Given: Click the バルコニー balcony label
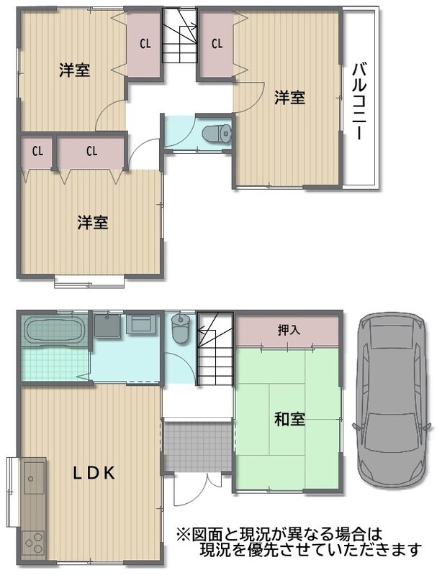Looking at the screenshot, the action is [360, 101].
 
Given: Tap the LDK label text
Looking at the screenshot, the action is [94, 473].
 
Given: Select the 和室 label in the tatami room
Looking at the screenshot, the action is [289, 420].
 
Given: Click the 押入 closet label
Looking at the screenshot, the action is [289, 330].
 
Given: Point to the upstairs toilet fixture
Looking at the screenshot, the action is [217, 133].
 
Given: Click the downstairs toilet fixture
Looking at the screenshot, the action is [180, 328].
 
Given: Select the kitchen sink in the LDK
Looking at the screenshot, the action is [34, 478].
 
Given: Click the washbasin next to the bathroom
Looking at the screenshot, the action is [107, 326].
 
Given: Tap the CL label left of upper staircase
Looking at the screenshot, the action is [145, 44].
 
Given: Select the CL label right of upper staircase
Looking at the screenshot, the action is [217, 44].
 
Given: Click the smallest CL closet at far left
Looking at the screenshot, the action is [37, 152].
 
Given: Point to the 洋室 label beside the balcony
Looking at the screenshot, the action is [289, 98].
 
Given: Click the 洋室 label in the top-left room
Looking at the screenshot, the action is [75, 70].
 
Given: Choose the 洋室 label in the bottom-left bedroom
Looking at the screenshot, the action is [93, 222].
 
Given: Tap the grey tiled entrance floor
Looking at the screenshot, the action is [197, 446].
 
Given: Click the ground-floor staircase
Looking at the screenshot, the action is [215, 348].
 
